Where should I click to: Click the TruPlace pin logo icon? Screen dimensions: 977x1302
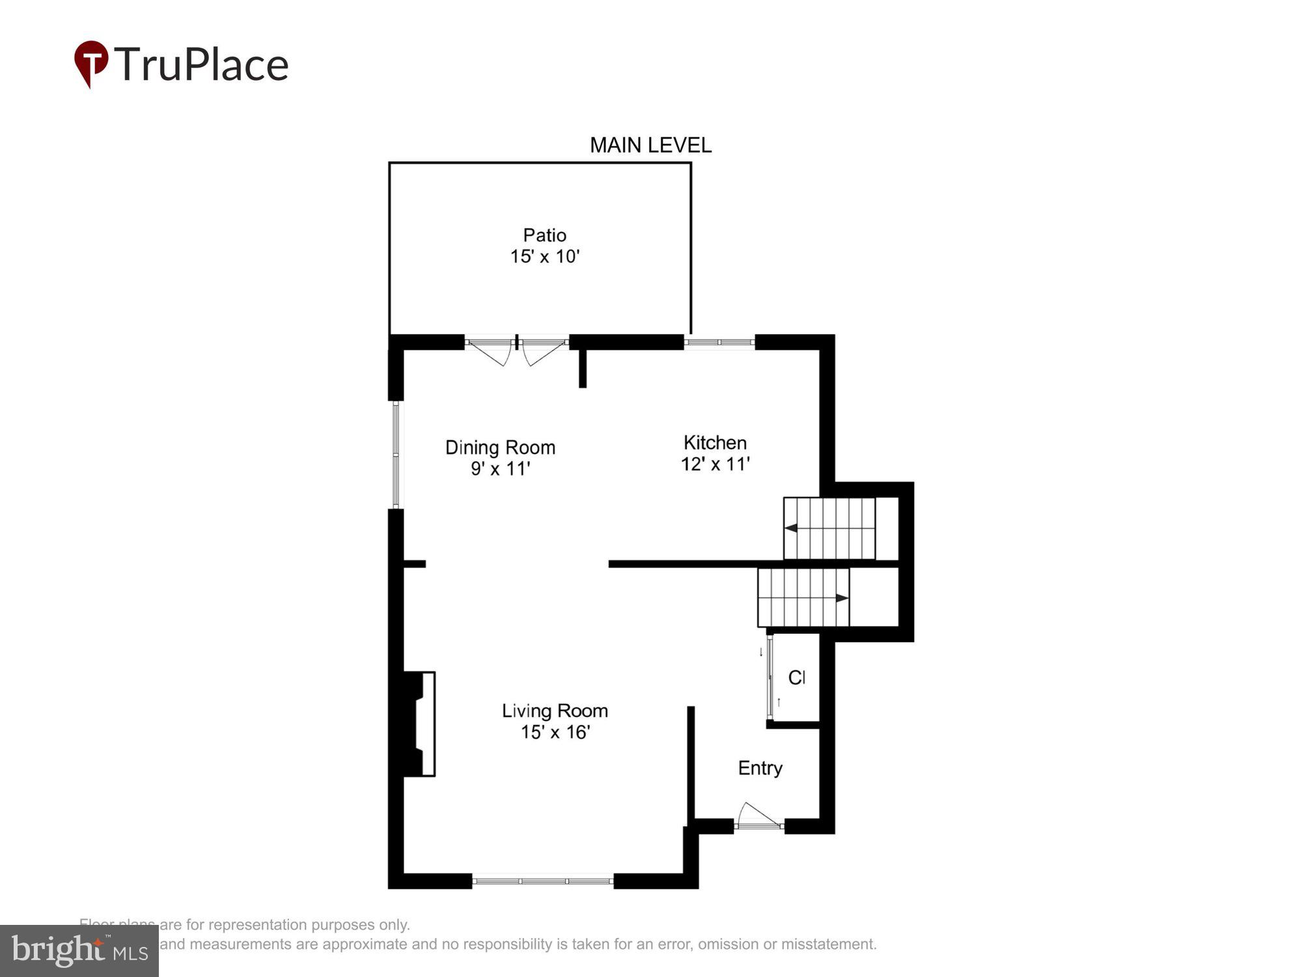91,63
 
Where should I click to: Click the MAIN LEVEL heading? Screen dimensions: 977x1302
650,145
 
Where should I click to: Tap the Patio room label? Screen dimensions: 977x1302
544,235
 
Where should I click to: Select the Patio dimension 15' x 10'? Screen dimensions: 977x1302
544,257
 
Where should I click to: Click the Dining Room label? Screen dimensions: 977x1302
500,447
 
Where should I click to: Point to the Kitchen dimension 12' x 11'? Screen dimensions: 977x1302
715,464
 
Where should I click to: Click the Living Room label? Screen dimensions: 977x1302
555,711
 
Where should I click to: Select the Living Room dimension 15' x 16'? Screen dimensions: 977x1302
555,732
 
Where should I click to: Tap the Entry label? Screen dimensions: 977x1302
760,769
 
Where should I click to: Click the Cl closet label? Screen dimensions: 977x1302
796,678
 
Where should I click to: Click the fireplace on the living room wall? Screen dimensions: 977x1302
420,724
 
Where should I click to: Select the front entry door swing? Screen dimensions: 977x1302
758,817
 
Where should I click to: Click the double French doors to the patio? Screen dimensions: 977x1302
517,349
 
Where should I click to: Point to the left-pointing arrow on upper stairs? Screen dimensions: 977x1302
791,528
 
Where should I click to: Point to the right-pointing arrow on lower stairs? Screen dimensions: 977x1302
842,598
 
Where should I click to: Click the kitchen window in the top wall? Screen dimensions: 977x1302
719,342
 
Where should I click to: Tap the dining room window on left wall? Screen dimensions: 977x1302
396,454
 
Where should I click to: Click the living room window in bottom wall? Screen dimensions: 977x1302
543,881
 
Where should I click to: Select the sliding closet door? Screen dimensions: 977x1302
770,678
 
